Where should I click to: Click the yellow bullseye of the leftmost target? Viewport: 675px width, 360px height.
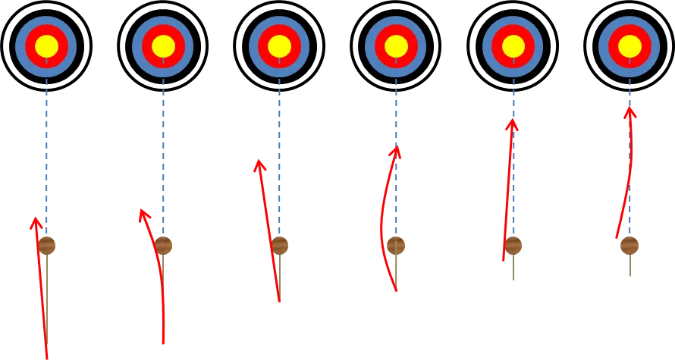coord(46,46)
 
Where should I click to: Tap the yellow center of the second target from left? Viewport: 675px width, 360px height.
coord(163,46)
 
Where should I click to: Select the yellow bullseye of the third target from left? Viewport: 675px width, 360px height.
coord(279,46)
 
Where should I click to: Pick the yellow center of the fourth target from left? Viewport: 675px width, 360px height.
coord(395,46)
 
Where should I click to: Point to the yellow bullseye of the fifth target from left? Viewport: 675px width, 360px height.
coord(513,46)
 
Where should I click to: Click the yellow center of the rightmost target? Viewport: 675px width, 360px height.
coord(629,46)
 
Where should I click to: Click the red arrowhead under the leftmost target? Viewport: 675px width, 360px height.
coord(35,222)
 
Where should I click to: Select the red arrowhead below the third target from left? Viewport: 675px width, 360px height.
coord(259,164)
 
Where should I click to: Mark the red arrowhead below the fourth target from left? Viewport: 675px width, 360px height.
coord(394,152)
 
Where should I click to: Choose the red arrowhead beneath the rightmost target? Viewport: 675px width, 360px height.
coord(629,112)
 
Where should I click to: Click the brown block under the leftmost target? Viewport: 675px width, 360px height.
coord(48,246)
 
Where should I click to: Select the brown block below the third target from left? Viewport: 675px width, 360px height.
coord(281,246)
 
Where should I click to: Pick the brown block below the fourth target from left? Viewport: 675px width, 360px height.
coord(396,246)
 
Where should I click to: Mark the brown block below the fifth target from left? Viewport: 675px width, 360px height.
coord(513,246)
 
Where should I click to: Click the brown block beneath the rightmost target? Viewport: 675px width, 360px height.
coord(629,246)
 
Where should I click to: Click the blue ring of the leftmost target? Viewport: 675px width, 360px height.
coord(20,46)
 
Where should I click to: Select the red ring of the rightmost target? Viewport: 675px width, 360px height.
coord(613,46)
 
